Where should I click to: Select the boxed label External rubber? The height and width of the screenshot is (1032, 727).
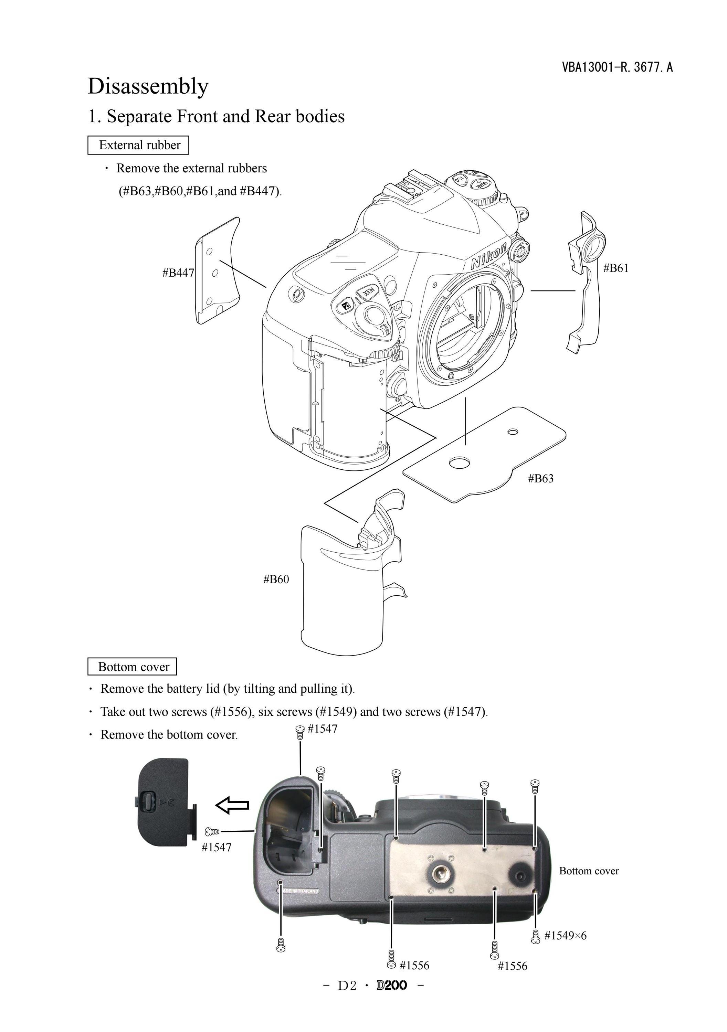pyautogui.click(x=138, y=145)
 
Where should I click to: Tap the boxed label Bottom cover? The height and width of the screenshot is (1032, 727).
pyautogui.click(x=132, y=667)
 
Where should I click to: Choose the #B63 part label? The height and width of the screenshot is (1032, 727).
pyautogui.click(x=540, y=478)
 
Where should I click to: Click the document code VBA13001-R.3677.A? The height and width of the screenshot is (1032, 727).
pyautogui.click(x=617, y=67)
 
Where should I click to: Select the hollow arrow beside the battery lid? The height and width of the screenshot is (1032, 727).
pyautogui.click(x=232, y=805)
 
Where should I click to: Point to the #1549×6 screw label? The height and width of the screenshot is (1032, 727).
pyautogui.click(x=565, y=935)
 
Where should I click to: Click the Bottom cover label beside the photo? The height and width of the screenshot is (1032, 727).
pyautogui.click(x=589, y=871)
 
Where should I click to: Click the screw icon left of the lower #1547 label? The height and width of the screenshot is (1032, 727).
pyautogui.click(x=212, y=831)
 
